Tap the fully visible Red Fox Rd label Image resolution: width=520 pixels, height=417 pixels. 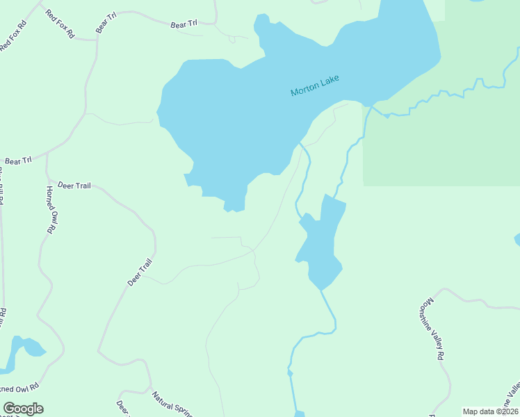point(60,24)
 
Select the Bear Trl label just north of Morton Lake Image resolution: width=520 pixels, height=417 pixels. point(184,25)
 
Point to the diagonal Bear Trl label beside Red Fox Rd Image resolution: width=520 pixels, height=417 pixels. point(105,22)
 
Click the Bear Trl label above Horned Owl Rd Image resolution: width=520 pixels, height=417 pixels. point(18,161)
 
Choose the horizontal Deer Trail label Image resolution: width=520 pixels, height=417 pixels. point(74,186)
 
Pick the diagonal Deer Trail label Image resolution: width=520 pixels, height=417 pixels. point(140,272)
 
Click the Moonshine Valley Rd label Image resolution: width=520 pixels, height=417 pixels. point(432,328)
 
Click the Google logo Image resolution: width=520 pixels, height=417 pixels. point(23,409)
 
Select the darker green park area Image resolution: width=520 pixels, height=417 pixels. point(445,139)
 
